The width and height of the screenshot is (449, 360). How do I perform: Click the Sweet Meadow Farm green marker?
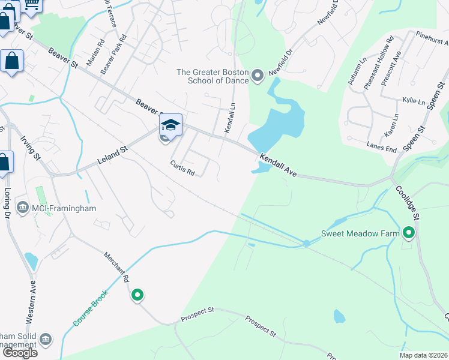click(x=409, y=232)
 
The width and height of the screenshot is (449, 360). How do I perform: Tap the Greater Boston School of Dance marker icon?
click(x=258, y=76)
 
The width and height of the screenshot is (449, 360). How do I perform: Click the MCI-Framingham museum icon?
click(x=22, y=208)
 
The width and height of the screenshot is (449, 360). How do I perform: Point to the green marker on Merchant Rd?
click(x=137, y=295)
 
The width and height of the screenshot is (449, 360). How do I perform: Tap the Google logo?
click(x=19, y=352)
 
